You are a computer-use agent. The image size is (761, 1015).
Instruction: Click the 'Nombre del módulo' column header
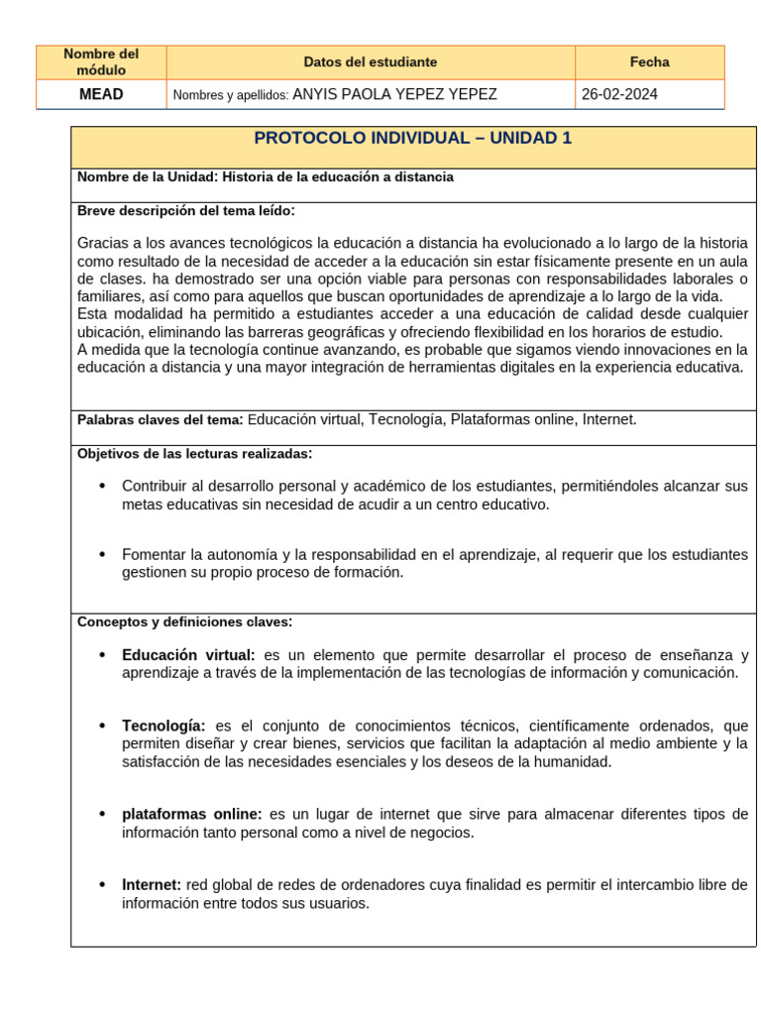(101, 61)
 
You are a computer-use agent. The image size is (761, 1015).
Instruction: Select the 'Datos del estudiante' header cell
(370, 61)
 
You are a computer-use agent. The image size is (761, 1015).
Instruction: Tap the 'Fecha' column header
(649, 61)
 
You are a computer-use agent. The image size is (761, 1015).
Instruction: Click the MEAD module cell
(101, 94)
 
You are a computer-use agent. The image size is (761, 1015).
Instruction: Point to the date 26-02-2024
(619, 94)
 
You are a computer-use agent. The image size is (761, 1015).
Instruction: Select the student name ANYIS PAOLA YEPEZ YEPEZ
(395, 94)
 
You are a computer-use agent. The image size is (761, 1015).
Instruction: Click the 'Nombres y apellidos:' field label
(230, 95)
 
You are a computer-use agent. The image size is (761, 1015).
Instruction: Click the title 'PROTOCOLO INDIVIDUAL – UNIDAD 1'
(413, 139)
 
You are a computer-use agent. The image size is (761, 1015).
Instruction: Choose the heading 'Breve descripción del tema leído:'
(185, 210)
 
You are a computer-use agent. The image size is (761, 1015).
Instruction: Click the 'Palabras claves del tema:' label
(160, 420)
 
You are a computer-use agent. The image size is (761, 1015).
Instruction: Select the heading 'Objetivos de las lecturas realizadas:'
(194, 454)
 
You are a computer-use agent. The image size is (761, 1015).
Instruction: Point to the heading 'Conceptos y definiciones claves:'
(184, 621)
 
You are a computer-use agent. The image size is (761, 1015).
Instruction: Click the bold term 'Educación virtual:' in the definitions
(188, 655)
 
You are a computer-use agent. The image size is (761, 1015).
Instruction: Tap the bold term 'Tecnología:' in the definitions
(163, 726)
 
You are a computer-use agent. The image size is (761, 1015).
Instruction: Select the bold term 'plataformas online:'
(192, 814)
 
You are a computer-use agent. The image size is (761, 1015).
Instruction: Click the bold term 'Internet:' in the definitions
(152, 884)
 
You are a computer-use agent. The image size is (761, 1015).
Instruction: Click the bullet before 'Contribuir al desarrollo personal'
(102, 486)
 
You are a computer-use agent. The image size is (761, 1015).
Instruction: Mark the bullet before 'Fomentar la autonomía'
(102, 554)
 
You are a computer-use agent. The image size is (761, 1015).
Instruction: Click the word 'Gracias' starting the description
(101, 243)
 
